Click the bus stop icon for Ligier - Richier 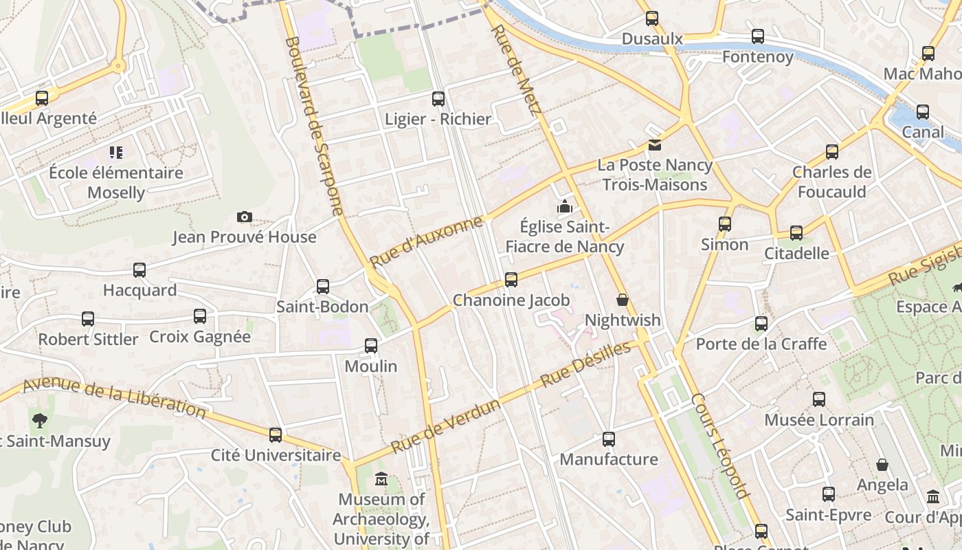point(438,99)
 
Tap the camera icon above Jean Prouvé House point(244,217)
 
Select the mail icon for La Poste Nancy point(654,145)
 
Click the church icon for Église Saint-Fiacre point(565,206)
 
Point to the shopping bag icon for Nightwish point(623,300)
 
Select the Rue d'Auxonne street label point(426,242)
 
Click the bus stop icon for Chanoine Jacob point(511,280)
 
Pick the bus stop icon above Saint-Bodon point(322,287)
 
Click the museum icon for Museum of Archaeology point(381,479)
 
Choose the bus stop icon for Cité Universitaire point(276,434)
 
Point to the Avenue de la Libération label point(114,398)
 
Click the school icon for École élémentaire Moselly point(115,152)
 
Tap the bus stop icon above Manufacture point(608,439)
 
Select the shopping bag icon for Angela point(882,465)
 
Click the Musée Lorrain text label point(819,419)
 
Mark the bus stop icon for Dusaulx point(651,19)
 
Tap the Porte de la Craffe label point(761,343)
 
